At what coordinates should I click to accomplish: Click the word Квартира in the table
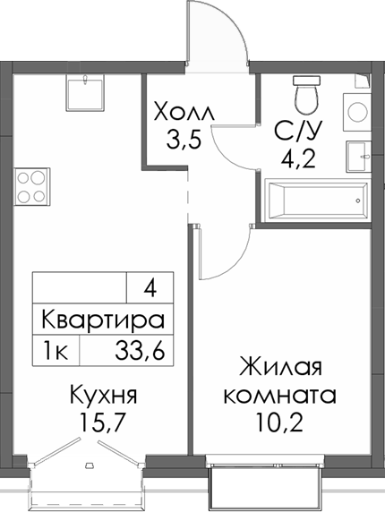click(103, 320)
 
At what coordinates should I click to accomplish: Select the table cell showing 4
click(149, 289)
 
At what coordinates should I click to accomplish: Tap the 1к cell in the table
click(56, 350)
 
